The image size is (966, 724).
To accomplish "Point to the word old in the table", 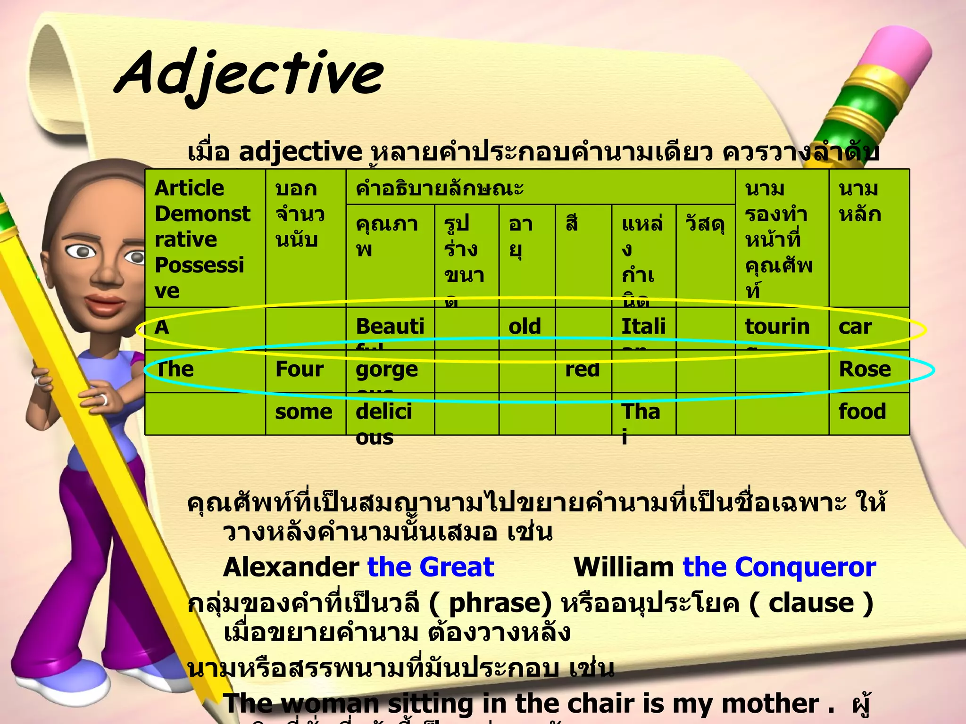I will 525,327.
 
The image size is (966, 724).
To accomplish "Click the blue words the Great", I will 430,567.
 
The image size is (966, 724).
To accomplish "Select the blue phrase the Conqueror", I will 779,567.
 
